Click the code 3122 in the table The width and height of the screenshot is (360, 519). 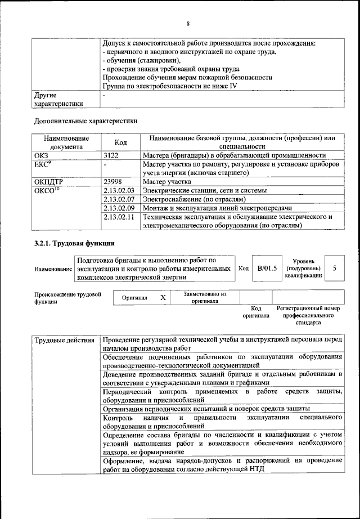pos(112,155)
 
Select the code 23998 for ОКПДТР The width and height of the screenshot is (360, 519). pos(114,182)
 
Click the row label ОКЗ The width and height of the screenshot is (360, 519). pos(41,155)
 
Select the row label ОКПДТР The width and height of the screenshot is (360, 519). pos(48,182)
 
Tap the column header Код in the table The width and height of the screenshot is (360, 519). pos(120,142)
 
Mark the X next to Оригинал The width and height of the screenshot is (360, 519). pos(163,297)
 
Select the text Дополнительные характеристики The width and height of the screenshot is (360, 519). pos(85,120)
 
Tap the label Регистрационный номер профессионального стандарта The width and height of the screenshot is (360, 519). pos(309,316)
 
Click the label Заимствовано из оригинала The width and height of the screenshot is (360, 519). pos(205,297)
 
